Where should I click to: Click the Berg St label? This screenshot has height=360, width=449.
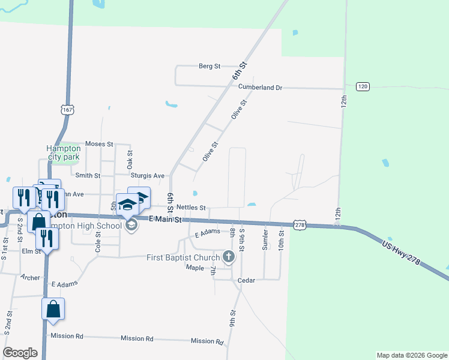209,66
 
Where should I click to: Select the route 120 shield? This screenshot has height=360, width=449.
362,86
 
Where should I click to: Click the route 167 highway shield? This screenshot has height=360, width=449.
67,110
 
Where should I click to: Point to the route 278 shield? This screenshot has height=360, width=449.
300,224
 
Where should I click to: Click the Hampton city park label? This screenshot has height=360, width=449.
64,152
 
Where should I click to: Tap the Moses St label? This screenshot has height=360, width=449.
99,144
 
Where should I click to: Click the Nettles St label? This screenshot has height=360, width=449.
191,207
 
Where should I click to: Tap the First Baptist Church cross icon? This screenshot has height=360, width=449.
228,257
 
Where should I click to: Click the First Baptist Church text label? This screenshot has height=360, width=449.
182,257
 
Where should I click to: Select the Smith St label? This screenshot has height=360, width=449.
88,175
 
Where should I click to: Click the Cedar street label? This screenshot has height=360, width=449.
247,280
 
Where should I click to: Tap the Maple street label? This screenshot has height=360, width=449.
195,267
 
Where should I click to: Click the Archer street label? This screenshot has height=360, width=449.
30,277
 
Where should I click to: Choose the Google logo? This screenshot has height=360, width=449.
20,353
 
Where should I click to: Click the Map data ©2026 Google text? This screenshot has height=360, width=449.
411,355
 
